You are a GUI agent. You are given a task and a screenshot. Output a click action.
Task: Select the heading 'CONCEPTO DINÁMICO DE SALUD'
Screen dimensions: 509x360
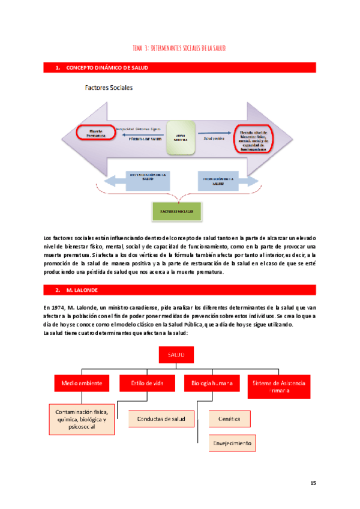(107, 68)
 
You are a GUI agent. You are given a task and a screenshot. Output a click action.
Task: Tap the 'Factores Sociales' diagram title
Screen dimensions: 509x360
(108, 88)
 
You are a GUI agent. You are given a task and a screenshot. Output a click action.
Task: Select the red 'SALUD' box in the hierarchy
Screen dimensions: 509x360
(176, 355)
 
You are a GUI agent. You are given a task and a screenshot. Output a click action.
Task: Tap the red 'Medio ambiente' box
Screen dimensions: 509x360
(81, 382)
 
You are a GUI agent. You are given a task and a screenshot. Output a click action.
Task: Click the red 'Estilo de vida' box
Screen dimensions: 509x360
(145, 382)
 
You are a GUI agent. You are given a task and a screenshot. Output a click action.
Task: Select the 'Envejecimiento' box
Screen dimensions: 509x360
(231, 444)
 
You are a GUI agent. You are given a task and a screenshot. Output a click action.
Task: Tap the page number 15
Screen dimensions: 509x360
(313, 483)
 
